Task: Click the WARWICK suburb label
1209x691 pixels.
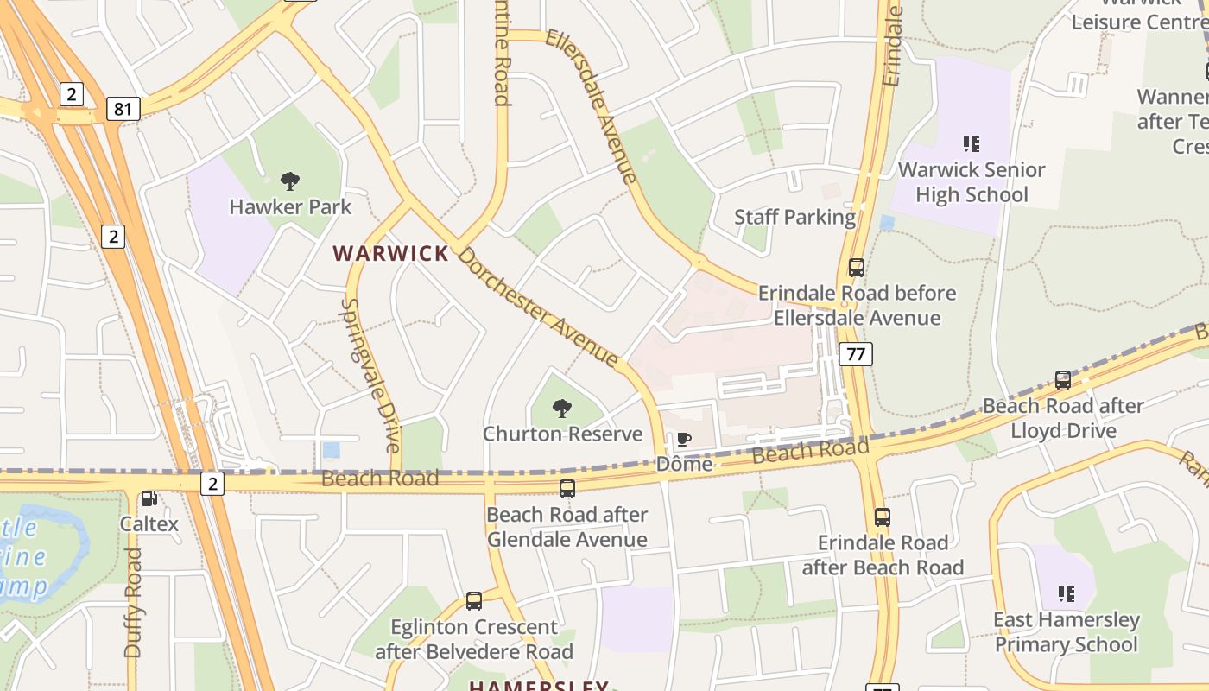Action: (391, 253)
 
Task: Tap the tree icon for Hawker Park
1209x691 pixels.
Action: (290, 181)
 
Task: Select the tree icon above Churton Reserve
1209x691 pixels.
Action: (562, 408)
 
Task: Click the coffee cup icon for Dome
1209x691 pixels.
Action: (683, 440)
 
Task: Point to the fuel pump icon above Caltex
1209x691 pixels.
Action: (149, 498)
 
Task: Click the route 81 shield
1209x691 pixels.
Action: (123, 109)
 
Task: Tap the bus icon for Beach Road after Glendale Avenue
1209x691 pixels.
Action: (567, 489)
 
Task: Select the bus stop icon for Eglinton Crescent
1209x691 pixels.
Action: (473, 601)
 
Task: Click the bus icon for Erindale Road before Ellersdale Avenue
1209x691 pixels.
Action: (856, 268)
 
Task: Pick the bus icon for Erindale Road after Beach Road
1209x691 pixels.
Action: (882, 517)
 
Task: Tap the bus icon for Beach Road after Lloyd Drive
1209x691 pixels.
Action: (1062, 380)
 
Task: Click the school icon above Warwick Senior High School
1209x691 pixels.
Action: (971, 143)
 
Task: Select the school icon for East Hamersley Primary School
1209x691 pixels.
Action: (1066, 594)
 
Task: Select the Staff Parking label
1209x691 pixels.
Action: (794, 217)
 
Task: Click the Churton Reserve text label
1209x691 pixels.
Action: (562, 434)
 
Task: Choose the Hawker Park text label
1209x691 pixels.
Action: (290, 207)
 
